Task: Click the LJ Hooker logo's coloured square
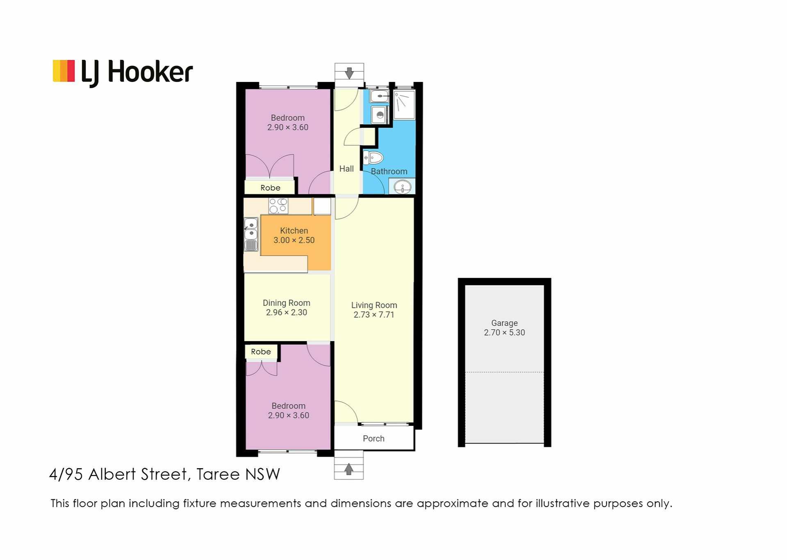pyautogui.click(x=64, y=71)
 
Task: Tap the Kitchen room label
pyautogui.click(x=294, y=231)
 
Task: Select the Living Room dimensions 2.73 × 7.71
pyautogui.click(x=374, y=315)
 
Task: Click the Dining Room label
pyautogui.click(x=287, y=303)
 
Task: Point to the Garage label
pyautogui.click(x=505, y=323)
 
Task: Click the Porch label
pyautogui.click(x=374, y=439)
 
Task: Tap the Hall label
pyautogui.click(x=346, y=169)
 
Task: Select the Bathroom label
pyautogui.click(x=389, y=171)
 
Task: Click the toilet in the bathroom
pyautogui.click(x=373, y=157)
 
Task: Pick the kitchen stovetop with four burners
pyautogui.click(x=278, y=206)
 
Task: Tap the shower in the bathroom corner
pyautogui.click(x=405, y=105)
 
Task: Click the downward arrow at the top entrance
pyautogui.click(x=349, y=73)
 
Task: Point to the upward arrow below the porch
pyautogui.click(x=349, y=469)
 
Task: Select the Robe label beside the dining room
pyautogui.click(x=261, y=352)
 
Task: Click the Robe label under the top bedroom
pyautogui.click(x=271, y=188)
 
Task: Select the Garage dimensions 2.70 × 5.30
pyautogui.click(x=505, y=333)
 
